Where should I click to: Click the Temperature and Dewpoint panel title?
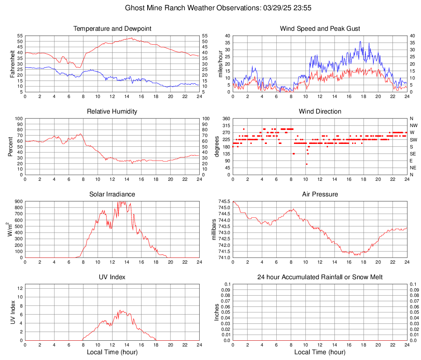tap(112, 29)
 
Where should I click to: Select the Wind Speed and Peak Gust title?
tap(320, 29)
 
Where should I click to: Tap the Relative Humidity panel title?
tap(112, 112)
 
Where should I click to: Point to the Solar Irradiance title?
tap(112, 194)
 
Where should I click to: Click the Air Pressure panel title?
tap(320, 194)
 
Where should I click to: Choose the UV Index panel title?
tap(112, 277)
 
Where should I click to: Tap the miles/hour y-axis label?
tap(220, 64)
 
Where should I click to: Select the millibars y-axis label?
tap(214, 230)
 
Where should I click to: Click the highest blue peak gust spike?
tap(360, 41)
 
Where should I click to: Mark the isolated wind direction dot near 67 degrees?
tap(307, 164)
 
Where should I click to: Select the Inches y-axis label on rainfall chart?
tap(217, 312)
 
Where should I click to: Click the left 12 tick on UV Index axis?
tap(20, 288)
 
